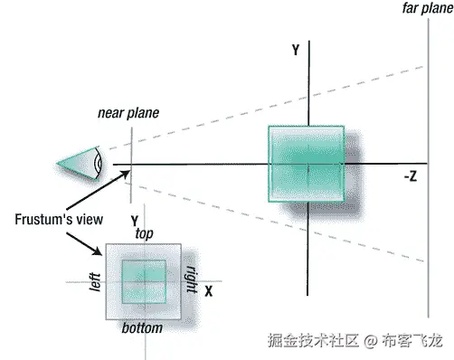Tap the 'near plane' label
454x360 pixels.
click(x=128, y=113)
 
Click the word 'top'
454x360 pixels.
click(x=144, y=233)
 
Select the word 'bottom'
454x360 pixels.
click(x=142, y=327)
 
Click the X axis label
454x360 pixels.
click(x=208, y=291)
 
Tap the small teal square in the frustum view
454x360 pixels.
click(x=144, y=280)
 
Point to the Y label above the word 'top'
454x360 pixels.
click(x=134, y=221)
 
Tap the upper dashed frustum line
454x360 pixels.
click(x=271, y=99)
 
